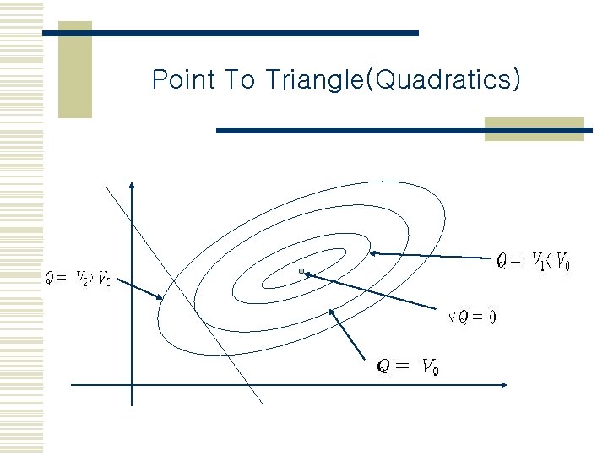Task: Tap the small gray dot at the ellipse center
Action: (301, 271)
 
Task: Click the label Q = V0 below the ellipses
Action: (407, 366)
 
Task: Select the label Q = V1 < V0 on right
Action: (533, 262)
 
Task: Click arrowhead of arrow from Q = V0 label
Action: (332, 312)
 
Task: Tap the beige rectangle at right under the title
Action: (534, 128)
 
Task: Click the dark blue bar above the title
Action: (230, 33)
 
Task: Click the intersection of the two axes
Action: (132, 385)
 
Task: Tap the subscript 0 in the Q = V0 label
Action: (434, 371)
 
